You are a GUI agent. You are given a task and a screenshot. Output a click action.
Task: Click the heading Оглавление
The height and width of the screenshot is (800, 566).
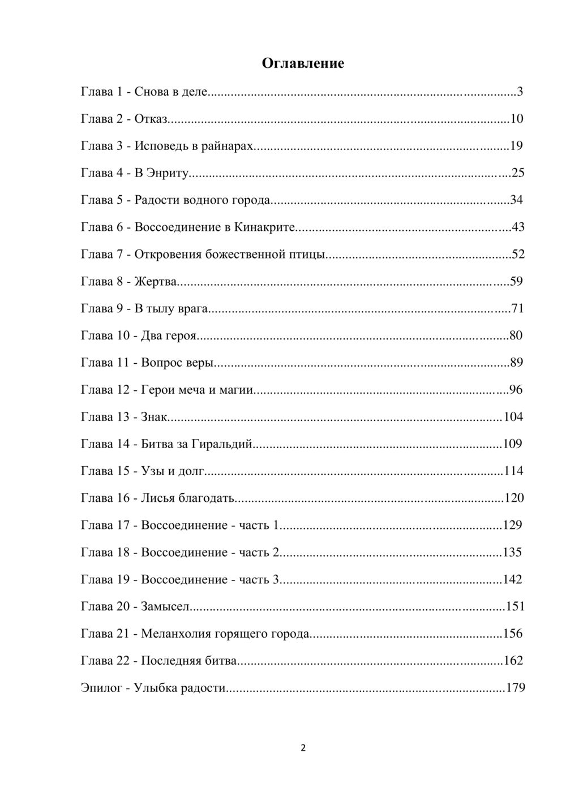pos(303,63)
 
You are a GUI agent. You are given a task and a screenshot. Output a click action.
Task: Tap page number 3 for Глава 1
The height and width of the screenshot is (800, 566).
pos(520,92)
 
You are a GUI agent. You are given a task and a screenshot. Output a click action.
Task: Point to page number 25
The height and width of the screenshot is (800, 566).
pos(517,173)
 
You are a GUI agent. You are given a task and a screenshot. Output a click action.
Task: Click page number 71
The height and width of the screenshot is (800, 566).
pos(517,308)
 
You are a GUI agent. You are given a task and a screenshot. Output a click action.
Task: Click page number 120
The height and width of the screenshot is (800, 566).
pos(514,498)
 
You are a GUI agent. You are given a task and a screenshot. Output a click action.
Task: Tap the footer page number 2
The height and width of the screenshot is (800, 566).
pos(303,748)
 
